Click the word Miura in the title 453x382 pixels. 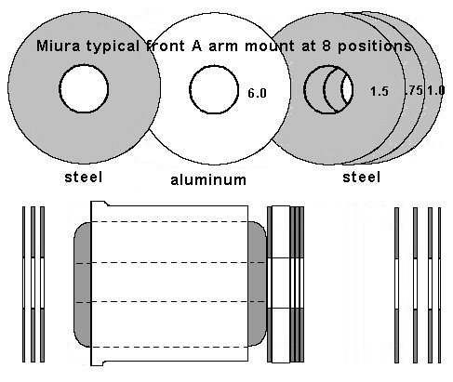58,46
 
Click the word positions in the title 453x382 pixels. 375,46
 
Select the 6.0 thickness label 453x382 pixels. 257,93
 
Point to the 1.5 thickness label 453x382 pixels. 380,91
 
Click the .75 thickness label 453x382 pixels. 414,90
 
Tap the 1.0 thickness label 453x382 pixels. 436,90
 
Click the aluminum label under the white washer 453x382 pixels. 208,179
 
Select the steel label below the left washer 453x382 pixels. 83,178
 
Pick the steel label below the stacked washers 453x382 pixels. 361,178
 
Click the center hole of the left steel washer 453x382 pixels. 84,88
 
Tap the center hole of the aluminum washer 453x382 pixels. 214,89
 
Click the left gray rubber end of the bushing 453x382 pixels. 83,284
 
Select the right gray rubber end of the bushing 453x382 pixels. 257,283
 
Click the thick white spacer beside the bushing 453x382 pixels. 281,284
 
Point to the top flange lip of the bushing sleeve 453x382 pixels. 100,204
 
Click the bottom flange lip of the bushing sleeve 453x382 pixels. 98,363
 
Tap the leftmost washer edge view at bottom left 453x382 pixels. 23,284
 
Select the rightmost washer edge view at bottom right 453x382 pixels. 439,285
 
